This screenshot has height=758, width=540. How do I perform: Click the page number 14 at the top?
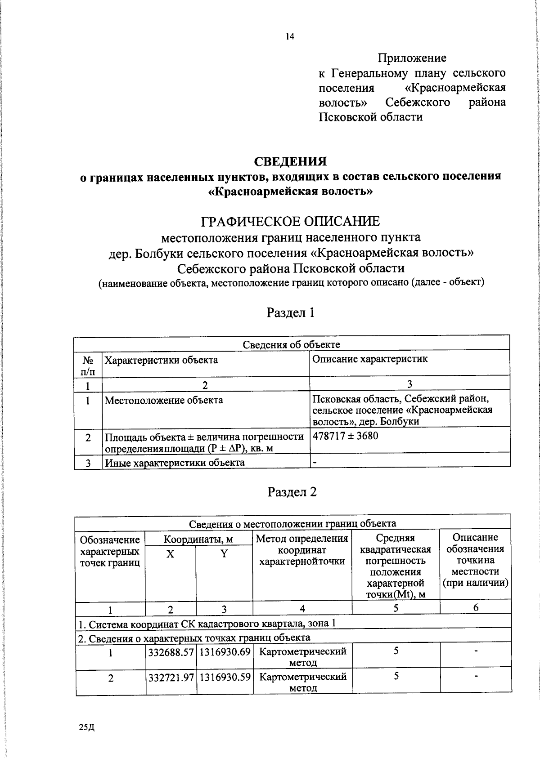click(289, 37)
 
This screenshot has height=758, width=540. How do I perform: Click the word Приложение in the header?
click(412, 58)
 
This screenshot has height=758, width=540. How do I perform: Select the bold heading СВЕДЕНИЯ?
click(290, 161)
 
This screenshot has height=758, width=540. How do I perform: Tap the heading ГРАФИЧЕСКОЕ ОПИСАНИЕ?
click(290, 221)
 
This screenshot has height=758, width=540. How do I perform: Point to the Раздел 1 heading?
click(290, 312)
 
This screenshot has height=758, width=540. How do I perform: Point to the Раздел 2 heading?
click(292, 492)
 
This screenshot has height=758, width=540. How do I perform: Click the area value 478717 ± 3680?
click(345, 436)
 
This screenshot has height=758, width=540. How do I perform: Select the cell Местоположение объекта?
click(163, 400)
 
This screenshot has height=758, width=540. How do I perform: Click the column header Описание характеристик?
click(370, 359)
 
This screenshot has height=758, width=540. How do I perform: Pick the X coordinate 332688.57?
click(171, 651)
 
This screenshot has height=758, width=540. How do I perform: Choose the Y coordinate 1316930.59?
click(225, 677)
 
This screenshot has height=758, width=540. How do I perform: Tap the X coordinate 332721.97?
click(171, 677)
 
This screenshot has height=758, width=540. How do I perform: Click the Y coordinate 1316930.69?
click(225, 651)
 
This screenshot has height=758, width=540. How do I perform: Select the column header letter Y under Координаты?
click(224, 554)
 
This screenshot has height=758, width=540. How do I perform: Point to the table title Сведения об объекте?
click(291, 344)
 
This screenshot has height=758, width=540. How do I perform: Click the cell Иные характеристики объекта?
click(175, 463)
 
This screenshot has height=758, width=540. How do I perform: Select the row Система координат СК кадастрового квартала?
click(207, 624)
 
